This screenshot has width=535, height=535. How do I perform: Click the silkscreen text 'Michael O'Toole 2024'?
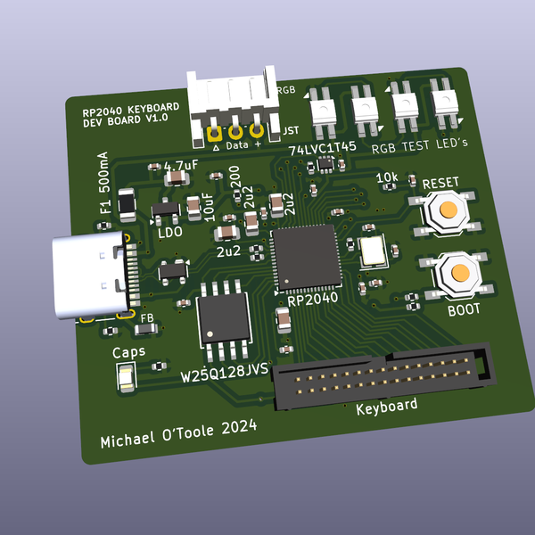178,434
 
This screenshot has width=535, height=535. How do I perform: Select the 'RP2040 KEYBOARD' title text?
130,110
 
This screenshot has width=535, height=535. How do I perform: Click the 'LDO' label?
169,232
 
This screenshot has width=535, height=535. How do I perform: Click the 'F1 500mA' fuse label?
103,184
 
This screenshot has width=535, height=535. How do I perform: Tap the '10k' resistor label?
388,177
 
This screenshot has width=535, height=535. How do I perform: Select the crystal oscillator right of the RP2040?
374,251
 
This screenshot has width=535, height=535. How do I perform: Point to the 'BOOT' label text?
464,309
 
